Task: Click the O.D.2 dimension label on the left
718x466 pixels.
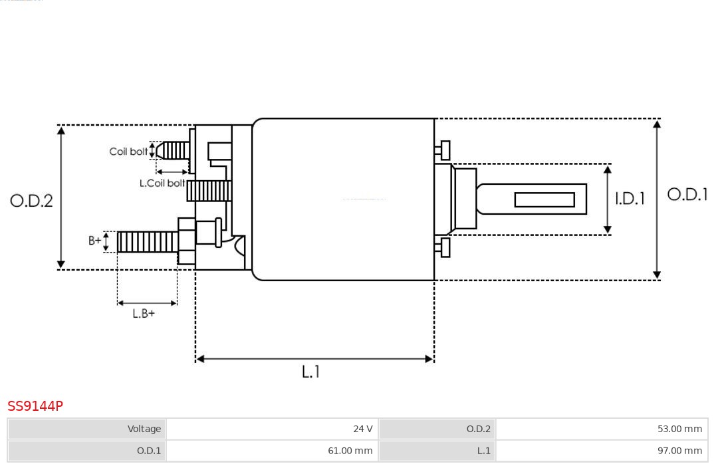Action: coord(31,201)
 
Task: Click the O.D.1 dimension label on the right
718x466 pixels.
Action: coord(687,194)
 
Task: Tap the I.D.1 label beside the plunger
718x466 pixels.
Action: coord(630,199)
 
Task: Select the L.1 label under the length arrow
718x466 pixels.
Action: coord(310,372)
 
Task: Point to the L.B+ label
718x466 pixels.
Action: coord(144,314)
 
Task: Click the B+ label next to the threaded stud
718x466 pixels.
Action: coord(95,241)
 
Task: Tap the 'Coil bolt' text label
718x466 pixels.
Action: coord(128,152)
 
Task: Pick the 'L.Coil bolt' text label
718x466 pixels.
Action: coord(162,183)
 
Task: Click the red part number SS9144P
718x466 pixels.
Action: coord(35,406)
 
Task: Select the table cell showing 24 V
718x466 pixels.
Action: coord(272,429)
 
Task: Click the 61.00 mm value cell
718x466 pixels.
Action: coord(272,451)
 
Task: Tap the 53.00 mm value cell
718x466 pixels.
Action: coord(602,429)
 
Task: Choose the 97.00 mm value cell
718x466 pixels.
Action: coord(602,451)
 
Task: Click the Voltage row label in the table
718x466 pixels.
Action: coord(86,429)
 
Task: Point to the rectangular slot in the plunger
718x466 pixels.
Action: coord(544,199)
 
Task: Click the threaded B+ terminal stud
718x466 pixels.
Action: coord(147,242)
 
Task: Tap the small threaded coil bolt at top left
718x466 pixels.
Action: coord(175,151)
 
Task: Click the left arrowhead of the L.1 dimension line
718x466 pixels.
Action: coord(200,359)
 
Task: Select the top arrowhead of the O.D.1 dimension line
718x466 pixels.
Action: coord(657,124)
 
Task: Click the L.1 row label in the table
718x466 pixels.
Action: coord(437,451)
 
